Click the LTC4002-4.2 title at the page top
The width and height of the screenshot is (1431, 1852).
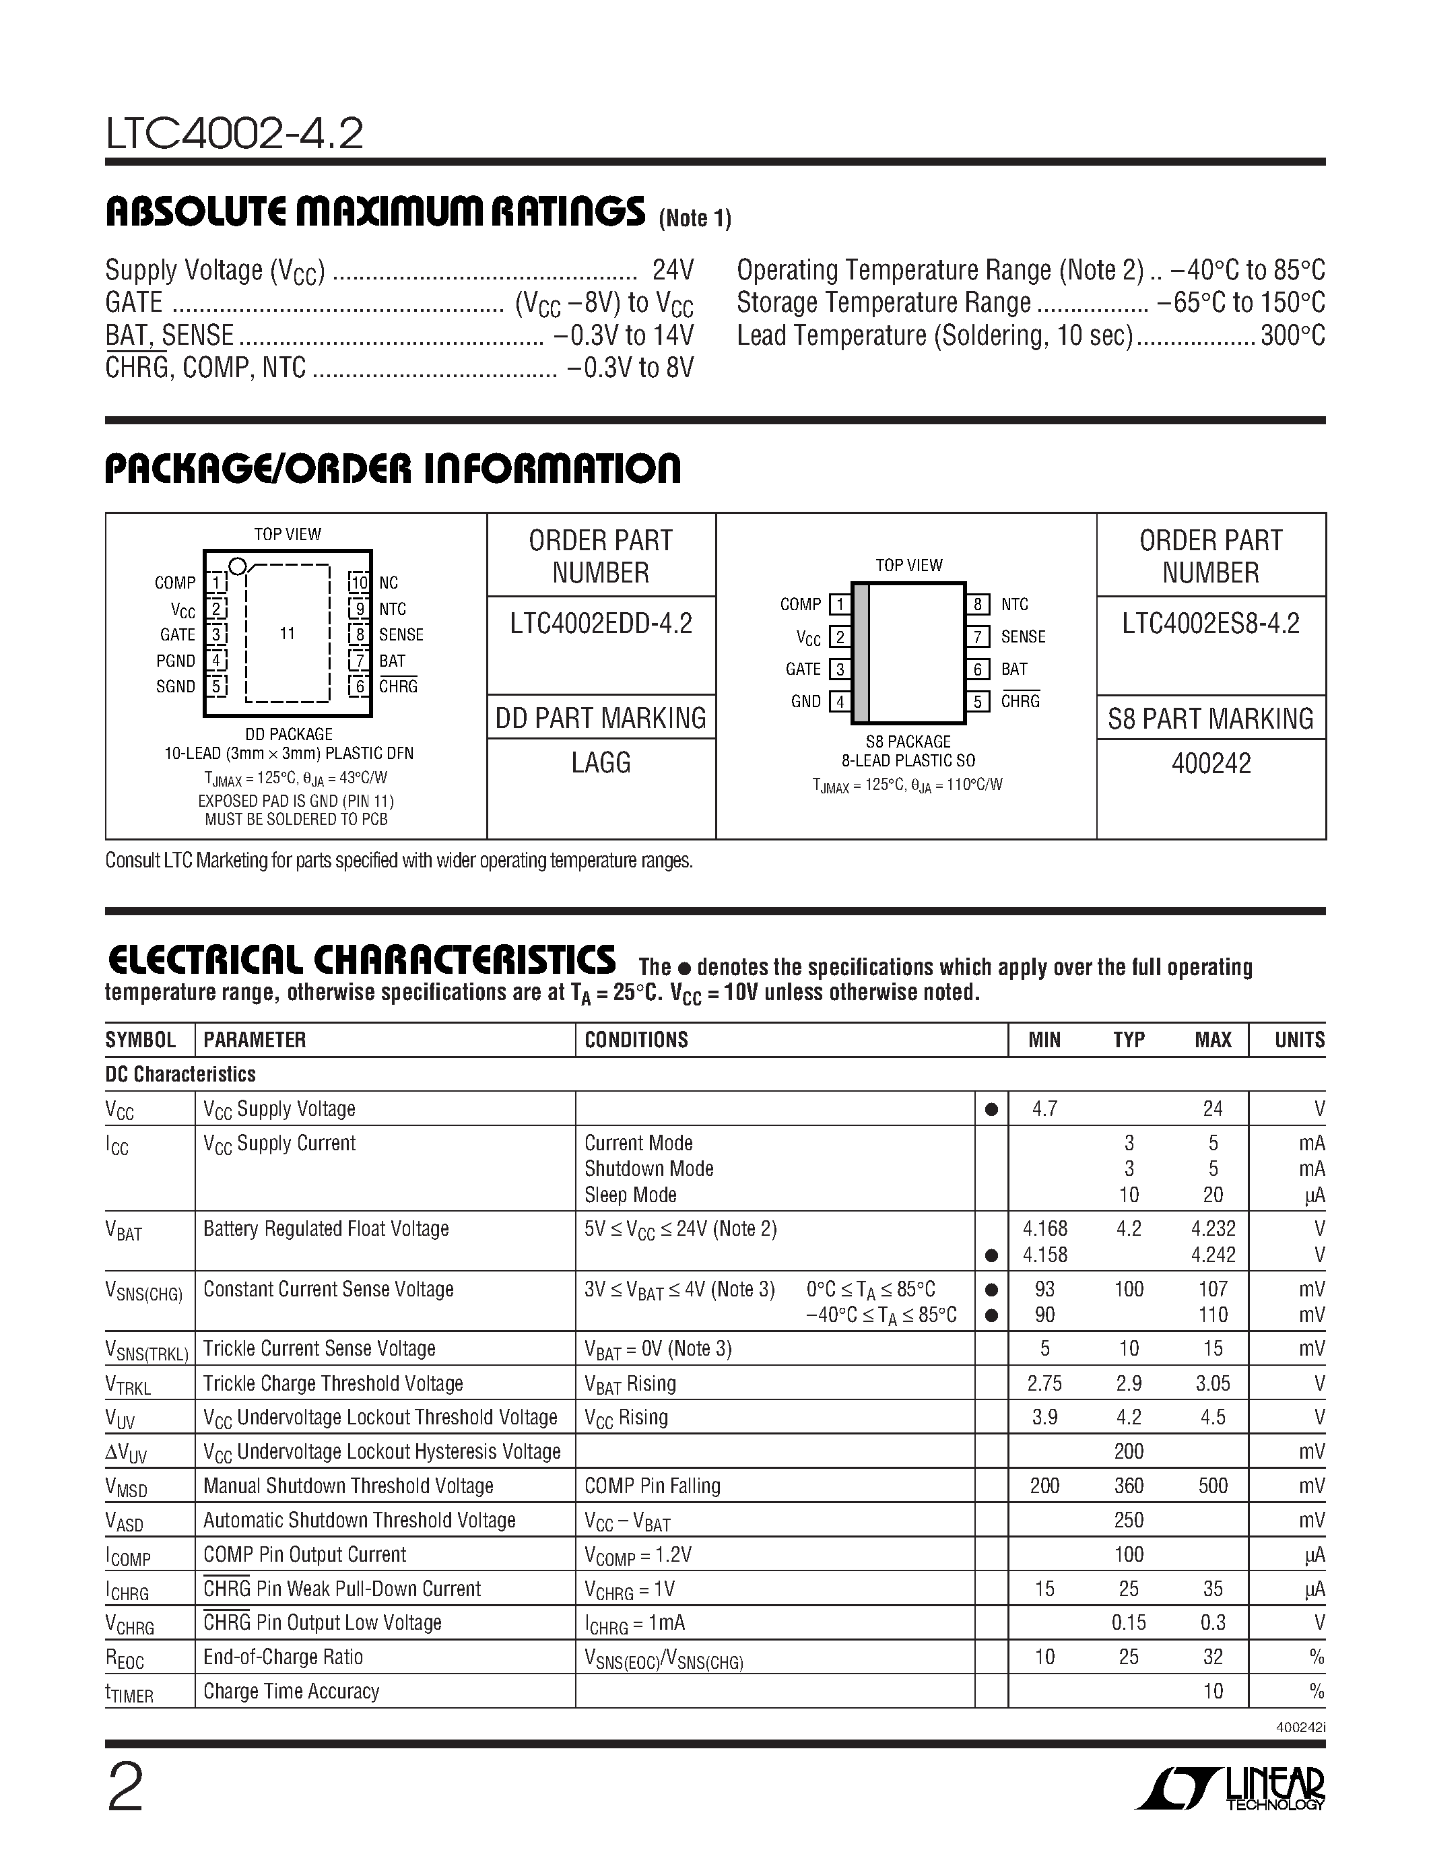235,134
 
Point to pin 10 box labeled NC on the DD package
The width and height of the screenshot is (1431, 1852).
360,583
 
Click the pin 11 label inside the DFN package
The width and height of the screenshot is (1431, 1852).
288,634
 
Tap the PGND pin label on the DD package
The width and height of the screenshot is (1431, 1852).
176,661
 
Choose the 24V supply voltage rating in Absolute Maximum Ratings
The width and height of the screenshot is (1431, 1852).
673,271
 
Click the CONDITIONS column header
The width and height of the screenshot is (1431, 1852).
636,1040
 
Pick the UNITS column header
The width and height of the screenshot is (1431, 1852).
1299,1040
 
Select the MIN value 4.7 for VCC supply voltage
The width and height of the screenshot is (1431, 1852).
1044,1109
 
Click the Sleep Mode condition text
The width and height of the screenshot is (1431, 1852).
631,1195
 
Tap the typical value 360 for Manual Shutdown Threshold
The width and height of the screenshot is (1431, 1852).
1129,1486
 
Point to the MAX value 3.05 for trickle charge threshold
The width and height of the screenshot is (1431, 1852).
1212,1384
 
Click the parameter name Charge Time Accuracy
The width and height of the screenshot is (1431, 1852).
291,1691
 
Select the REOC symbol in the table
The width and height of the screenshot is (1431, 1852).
125,1659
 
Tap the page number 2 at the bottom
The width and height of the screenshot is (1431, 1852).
125,1787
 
